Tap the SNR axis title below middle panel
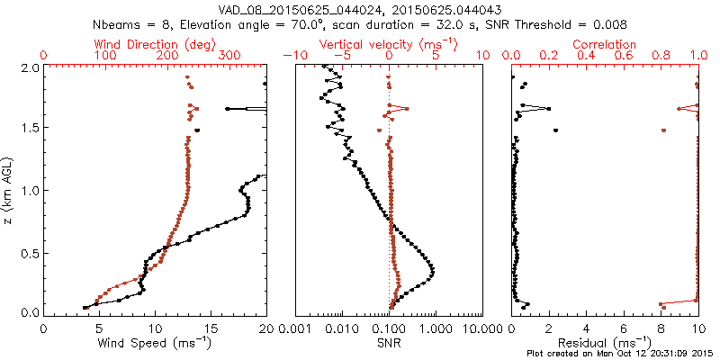[389, 342]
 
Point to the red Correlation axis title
[605, 44]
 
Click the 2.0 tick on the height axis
[30, 67]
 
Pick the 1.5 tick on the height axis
[30, 129]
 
